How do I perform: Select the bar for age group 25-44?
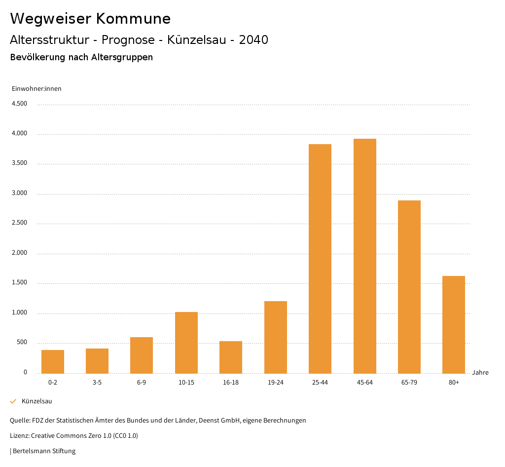tap(320, 259)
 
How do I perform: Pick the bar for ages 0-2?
tap(53, 361)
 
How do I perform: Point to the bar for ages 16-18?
tap(231, 357)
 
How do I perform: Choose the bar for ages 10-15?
tap(186, 343)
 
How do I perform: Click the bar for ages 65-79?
tap(409, 287)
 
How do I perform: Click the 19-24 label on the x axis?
tap(275, 383)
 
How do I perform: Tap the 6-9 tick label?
tap(142, 383)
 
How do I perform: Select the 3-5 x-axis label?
tap(97, 383)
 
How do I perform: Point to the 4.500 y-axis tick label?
tap(19, 104)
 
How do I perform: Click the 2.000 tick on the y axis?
tap(19, 253)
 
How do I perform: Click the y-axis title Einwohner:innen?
tap(36, 89)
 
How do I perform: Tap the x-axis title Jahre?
tap(480, 373)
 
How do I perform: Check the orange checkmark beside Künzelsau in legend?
tap(13, 401)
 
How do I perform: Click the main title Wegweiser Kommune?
tap(90, 19)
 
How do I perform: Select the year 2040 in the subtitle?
tap(253, 40)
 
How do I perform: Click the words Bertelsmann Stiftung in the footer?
tap(44, 451)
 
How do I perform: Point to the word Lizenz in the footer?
tap(19, 436)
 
